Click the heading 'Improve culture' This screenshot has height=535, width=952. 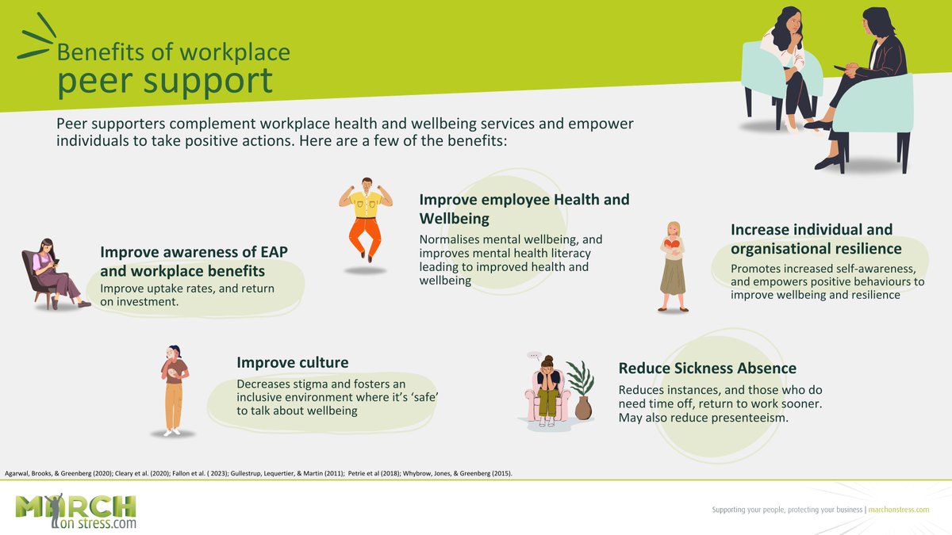pos(292,363)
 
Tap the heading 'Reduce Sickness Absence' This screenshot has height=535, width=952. pos(707,369)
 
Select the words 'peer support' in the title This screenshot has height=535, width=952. pos(163,81)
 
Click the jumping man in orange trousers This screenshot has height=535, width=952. pos(366,217)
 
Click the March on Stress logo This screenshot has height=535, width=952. pos(76,511)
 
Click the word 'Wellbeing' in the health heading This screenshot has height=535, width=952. pos(454,218)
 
